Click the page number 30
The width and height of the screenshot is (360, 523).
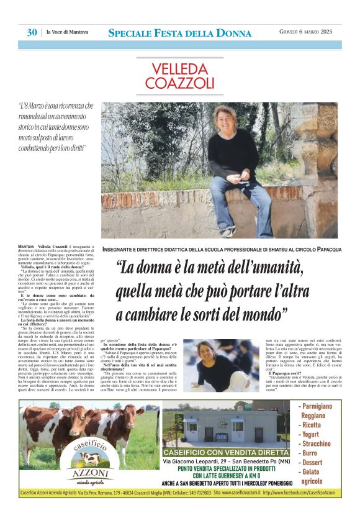[32, 32]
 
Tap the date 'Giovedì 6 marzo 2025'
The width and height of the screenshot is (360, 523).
[307, 32]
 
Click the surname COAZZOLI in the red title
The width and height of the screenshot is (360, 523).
[180, 83]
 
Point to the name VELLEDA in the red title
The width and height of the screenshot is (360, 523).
[179, 68]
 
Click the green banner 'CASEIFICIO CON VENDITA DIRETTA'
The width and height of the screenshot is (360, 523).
[226, 452]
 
